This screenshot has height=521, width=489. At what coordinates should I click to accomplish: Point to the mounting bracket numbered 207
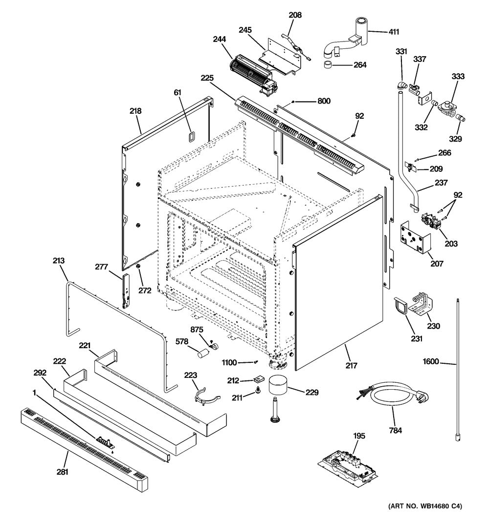coord(416,238)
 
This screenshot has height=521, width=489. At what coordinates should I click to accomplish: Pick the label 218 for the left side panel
coord(135,111)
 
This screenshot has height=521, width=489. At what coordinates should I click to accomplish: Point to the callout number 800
coord(324,102)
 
